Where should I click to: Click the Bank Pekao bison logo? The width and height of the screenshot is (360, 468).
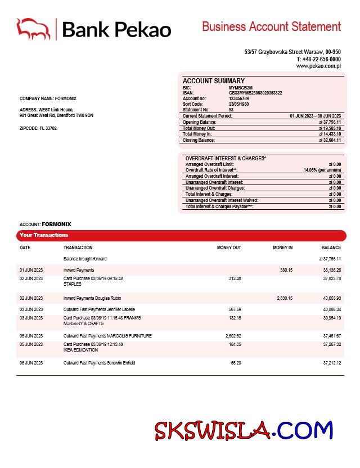(34, 29)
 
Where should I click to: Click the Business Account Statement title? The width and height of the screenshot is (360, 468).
(271, 26)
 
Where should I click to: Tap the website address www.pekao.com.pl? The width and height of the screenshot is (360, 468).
(318, 66)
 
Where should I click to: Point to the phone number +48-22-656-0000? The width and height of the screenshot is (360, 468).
(321, 59)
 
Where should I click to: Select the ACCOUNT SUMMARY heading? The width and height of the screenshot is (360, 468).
(213, 81)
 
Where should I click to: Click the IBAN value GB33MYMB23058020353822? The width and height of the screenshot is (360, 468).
(255, 93)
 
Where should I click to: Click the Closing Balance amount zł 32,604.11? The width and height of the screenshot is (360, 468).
(330, 140)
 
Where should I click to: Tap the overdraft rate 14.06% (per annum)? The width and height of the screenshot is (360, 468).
(322, 170)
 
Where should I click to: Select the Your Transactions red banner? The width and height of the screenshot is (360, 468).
(181, 235)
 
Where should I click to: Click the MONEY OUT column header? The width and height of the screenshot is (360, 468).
(229, 247)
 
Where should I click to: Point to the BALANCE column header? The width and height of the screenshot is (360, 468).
(331, 247)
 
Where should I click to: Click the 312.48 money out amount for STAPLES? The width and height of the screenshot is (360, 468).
(235, 278)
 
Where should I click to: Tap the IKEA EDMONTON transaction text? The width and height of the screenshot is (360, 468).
(80, 350)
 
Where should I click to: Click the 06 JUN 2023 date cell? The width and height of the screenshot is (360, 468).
(31, 363)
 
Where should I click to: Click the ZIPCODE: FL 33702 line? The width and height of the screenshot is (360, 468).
(38, 128)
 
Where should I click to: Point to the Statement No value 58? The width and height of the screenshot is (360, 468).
(231, 110)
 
